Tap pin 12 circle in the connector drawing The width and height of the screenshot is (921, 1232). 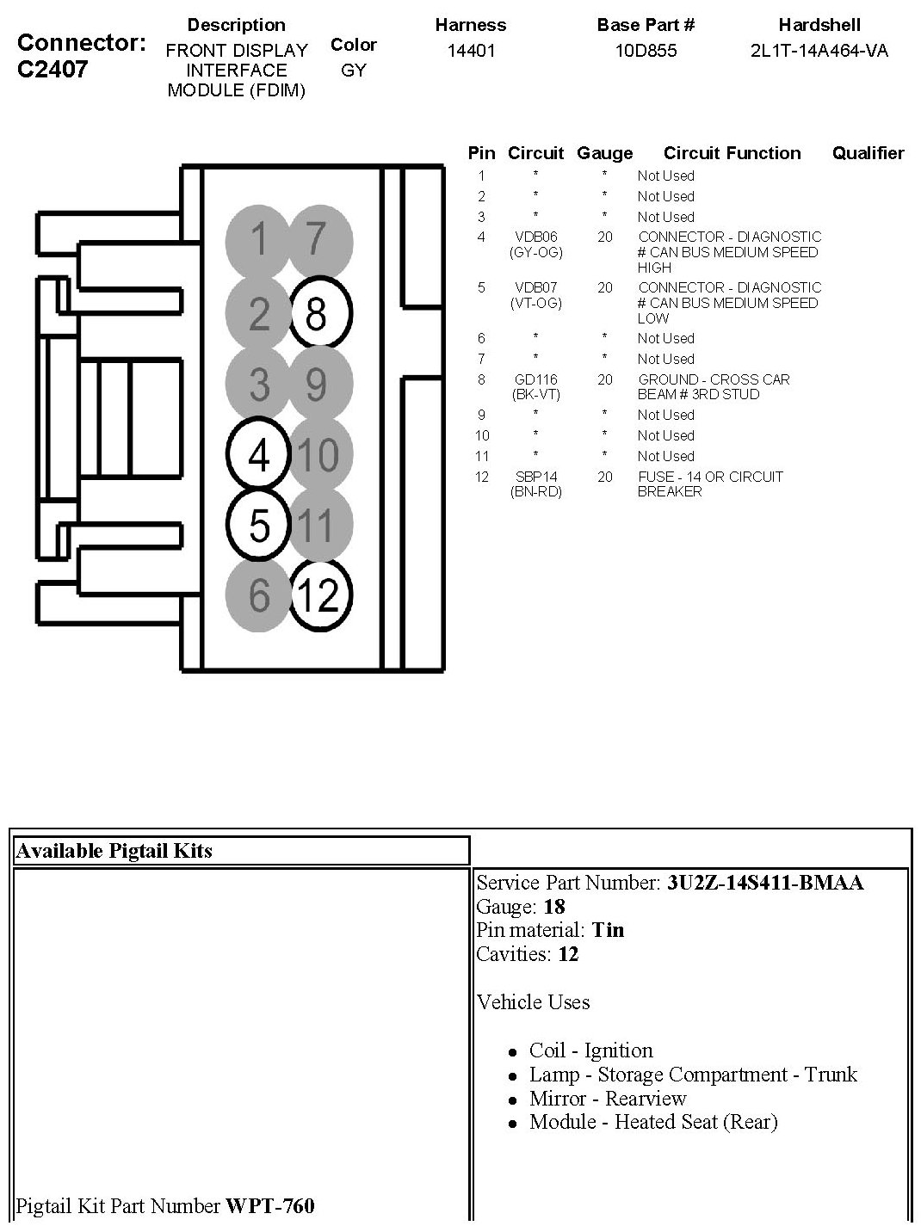pos(319,594)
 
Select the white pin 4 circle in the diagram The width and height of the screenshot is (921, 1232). pos(259,454)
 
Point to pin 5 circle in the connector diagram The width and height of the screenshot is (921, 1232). pos(259,524)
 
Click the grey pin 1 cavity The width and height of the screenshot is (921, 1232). pos(258,239)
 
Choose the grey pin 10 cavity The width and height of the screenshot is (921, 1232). pos(320,454)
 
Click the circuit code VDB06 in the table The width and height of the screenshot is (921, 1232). pos(535,237)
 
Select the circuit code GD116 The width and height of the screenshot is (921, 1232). pos(535,379)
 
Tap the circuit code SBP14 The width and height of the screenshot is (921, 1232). pos(535,477)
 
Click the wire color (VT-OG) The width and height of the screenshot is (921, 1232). pos(535,303)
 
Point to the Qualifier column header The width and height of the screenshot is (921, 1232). pos(868,153)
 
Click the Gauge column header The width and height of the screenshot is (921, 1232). pos(604,153)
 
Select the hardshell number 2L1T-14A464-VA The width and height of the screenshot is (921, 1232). pos(819,50)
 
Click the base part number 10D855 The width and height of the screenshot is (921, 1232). pos(646,50)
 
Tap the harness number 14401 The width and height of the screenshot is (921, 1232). pos(471,50)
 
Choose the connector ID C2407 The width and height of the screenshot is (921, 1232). pos(53,69)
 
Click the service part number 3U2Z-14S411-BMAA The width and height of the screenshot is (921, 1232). pos(765,883)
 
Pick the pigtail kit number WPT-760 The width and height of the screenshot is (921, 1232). pos(270,1206)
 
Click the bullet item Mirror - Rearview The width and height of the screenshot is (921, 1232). pos(608,1099)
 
